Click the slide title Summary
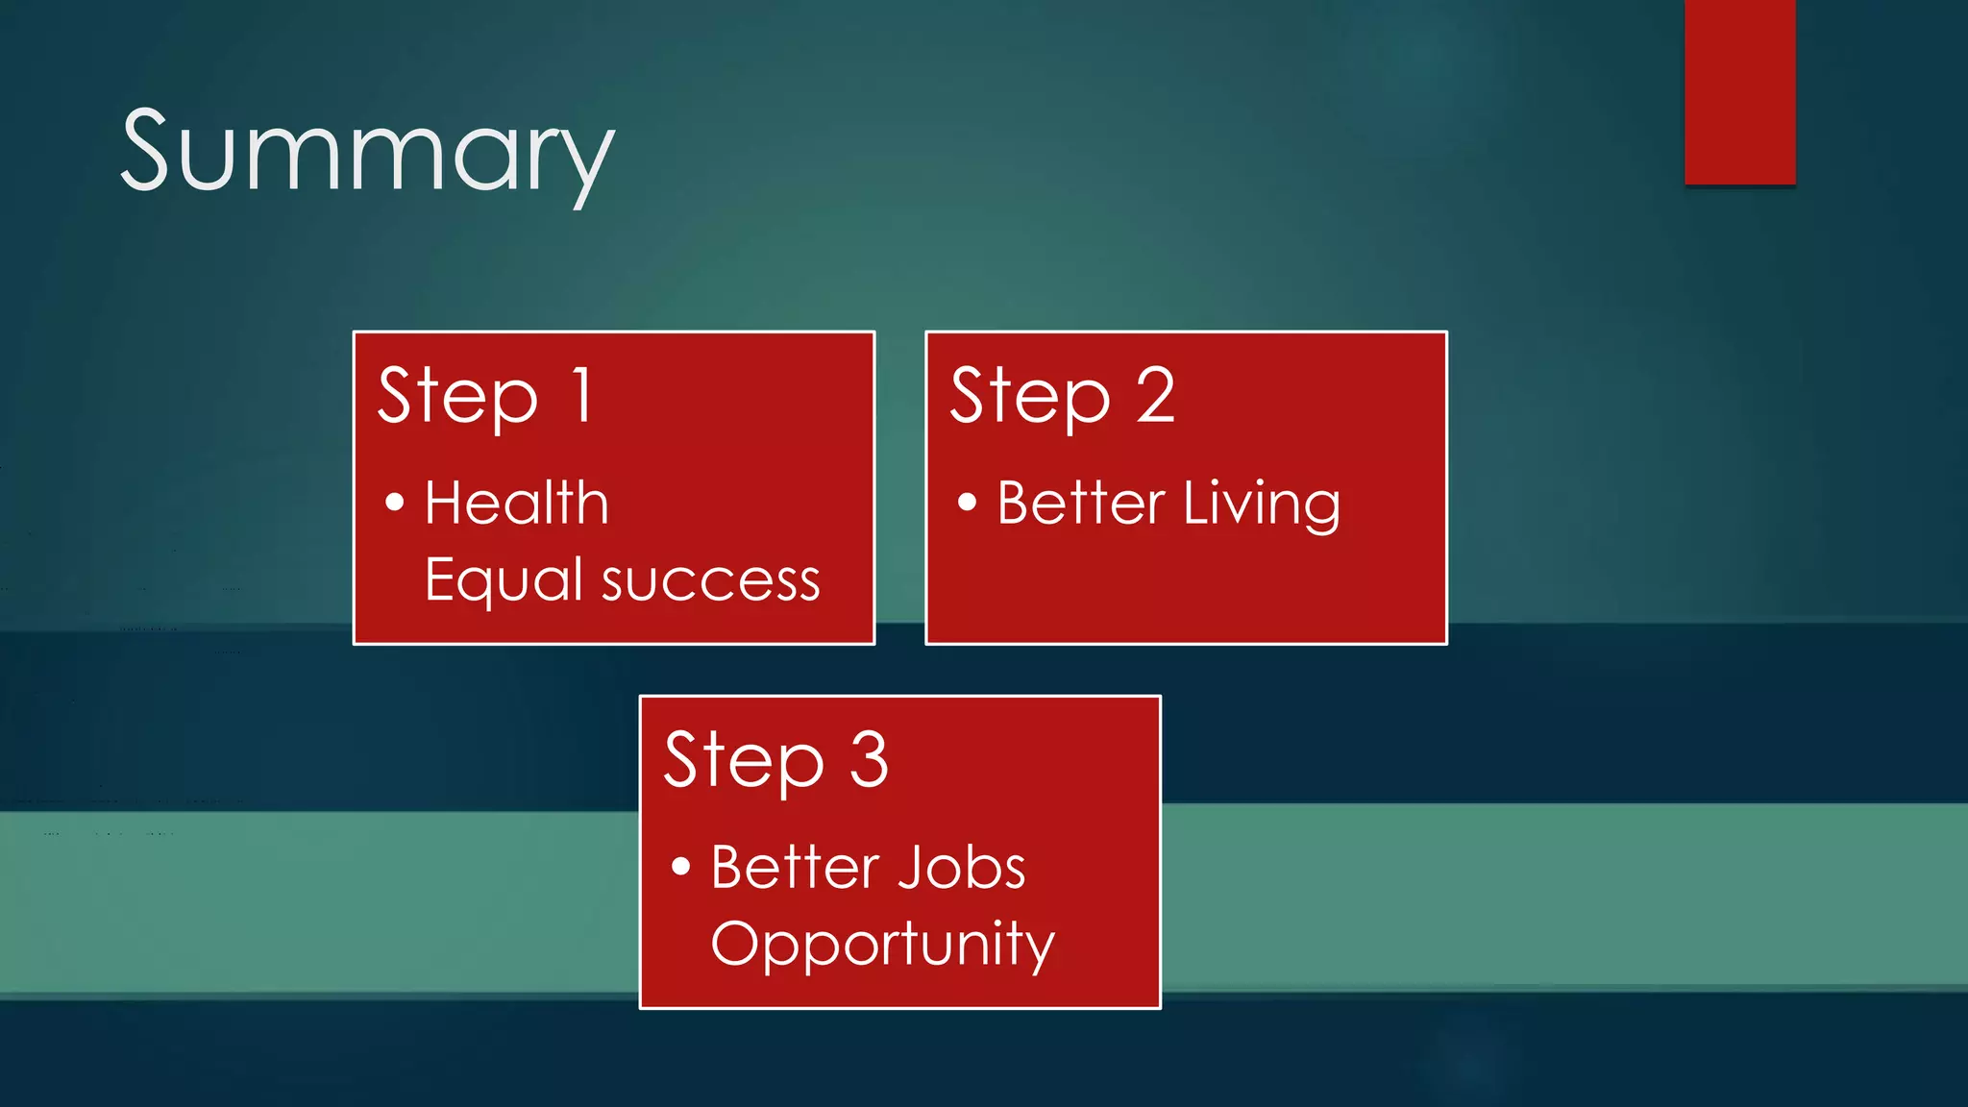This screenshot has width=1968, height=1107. tap(367, 154)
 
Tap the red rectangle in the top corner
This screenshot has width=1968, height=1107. tap(1739, 91)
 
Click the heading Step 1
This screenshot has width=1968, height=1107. tap(485, 396)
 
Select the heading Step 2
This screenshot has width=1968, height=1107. tap(1062, 396)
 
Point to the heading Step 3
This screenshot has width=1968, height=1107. tap(775, 760)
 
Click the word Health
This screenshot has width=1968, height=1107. tap(516, 503)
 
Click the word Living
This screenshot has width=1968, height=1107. tap(1261, 504)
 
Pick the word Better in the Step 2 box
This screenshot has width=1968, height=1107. tap(1080, 503)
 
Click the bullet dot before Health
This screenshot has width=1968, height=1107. tap(394, 502)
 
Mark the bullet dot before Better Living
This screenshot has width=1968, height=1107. tap(967, 502)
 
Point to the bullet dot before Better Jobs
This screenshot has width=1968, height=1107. tap(680, 866)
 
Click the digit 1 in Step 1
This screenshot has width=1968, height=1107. tap(581, 395)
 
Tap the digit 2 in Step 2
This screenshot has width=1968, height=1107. tap(1155, 395)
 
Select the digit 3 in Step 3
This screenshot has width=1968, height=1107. tap(869, 759)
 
